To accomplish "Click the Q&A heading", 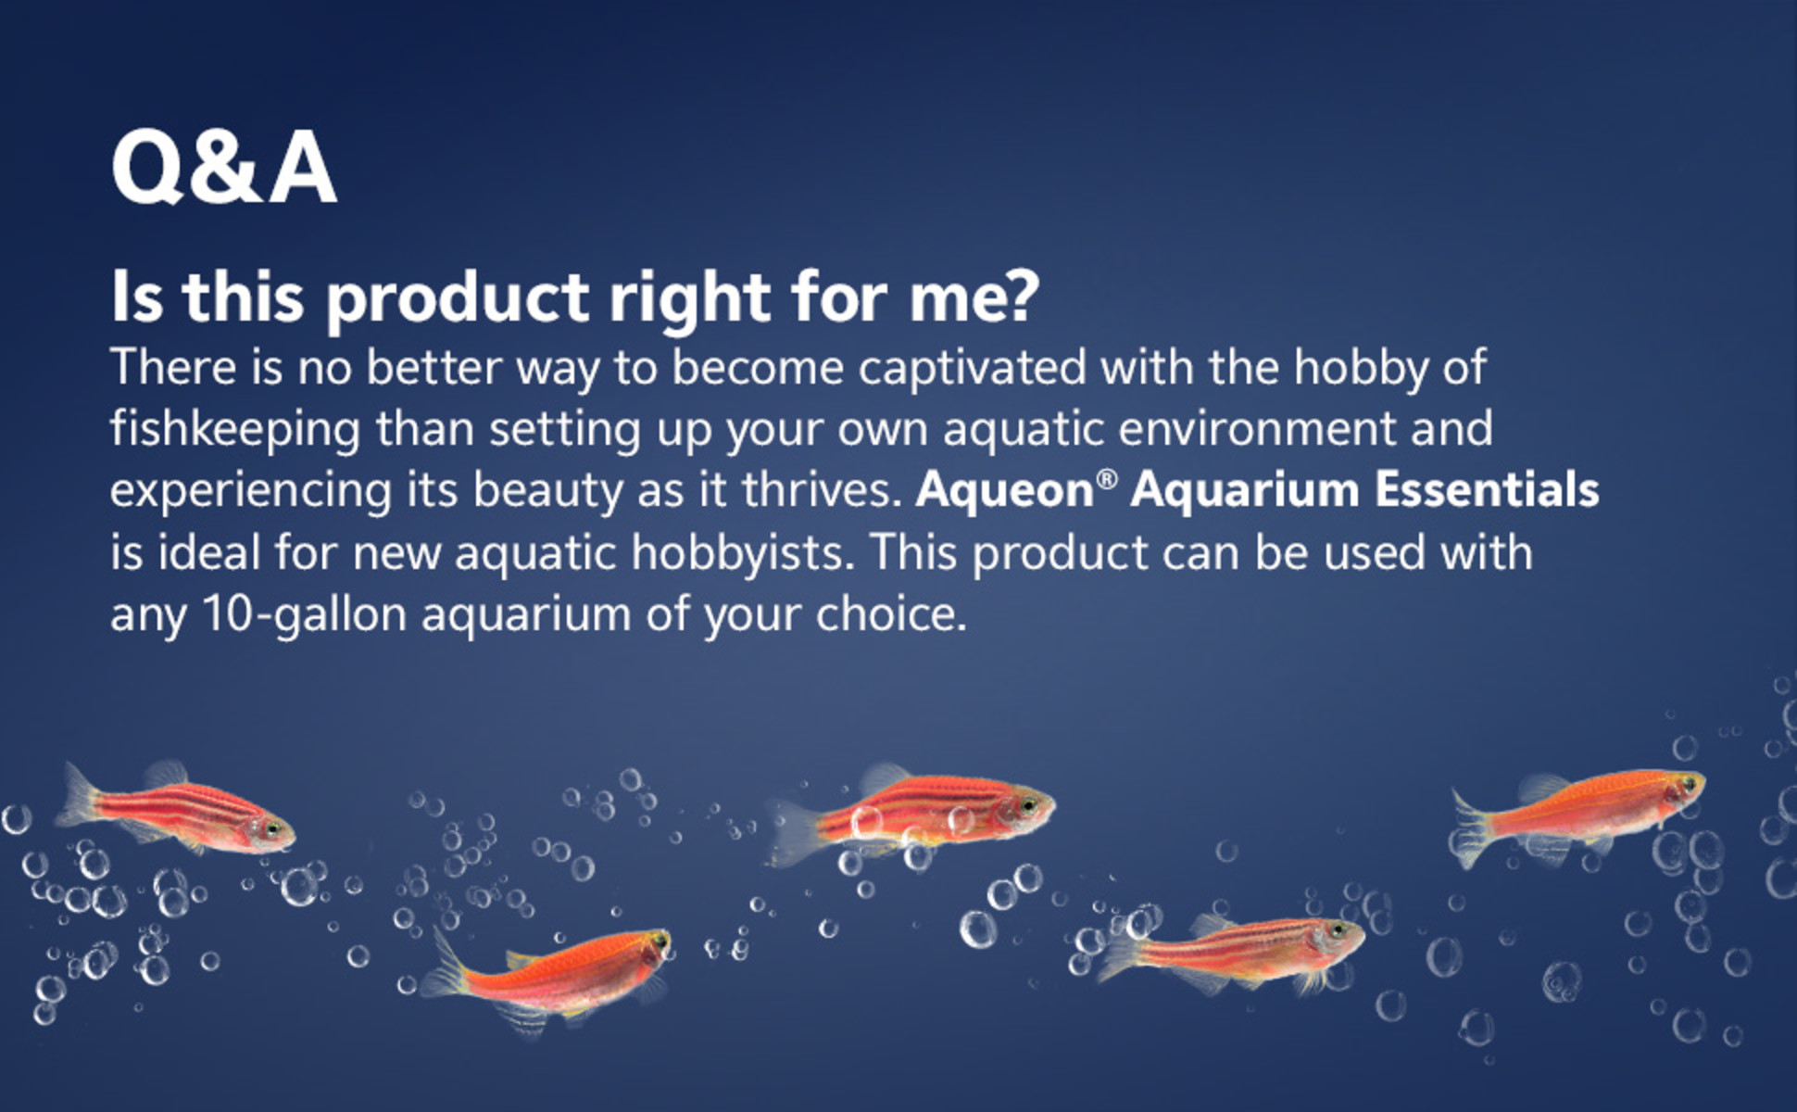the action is (x=224, y=168).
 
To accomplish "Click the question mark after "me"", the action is (x=1022, y=296).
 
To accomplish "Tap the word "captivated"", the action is (x=972, y=368).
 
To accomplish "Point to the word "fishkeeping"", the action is (x=235, y=429).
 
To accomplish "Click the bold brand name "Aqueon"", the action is (x=1005, y=490).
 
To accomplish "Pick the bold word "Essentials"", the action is (x=1488, y=489).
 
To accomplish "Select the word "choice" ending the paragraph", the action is (x=891, y=613).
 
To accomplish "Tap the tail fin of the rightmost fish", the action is (x=1473, y=828).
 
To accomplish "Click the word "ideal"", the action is (x=210, y=552).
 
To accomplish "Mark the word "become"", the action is (x=758, y=368).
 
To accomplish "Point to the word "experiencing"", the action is (x=250, y=491).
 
